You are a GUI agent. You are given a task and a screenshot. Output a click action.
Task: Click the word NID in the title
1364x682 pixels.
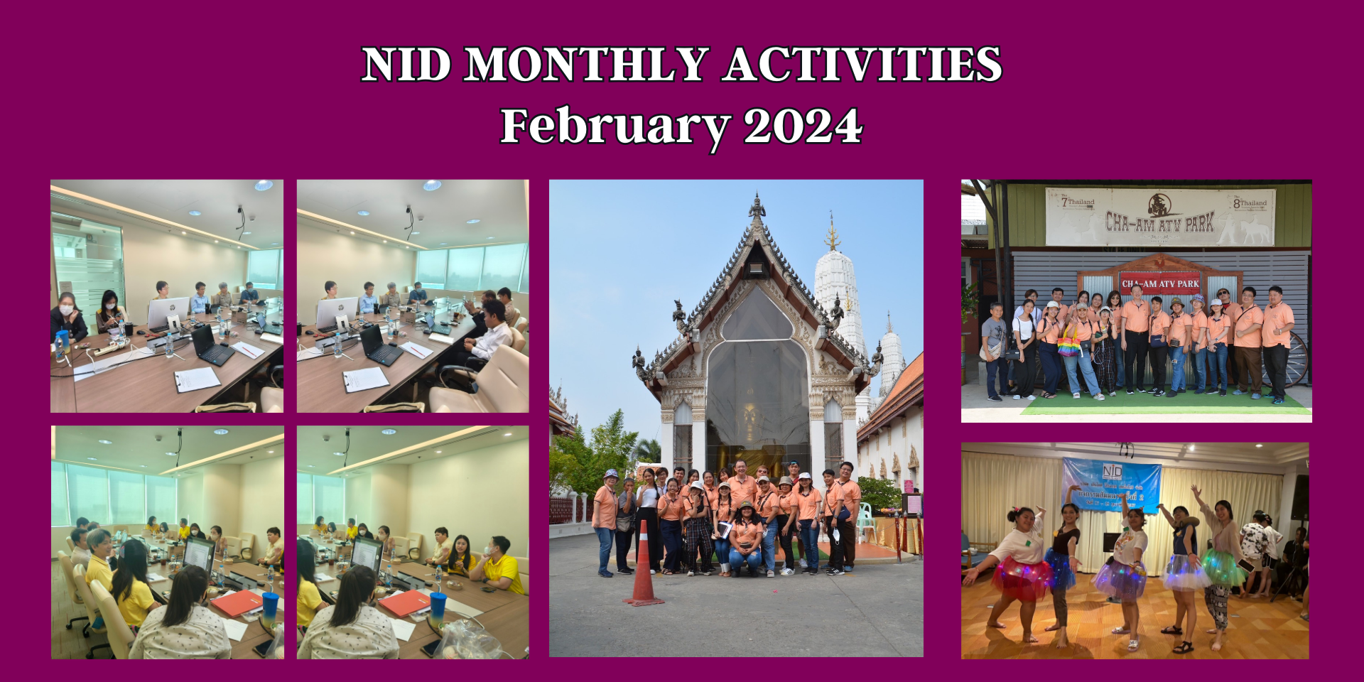click(406, 65)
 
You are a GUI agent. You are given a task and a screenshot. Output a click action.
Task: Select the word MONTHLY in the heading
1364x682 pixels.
click(587, 65)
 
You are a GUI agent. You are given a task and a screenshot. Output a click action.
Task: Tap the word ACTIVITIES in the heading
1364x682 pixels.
click(862, 65)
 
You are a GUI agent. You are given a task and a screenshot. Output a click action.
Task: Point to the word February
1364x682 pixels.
click(615, 126)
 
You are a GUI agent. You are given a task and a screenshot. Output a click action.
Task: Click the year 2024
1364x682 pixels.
click(803, 126)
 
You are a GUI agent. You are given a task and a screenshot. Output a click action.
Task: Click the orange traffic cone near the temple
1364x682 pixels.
click(644, 565)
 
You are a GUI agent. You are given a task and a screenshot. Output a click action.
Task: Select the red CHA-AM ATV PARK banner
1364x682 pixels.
click(1160, 283)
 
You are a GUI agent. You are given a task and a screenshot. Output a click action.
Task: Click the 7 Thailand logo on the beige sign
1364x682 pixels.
click(1078, 202)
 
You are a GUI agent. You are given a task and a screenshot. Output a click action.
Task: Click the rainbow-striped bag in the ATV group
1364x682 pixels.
click(1068, 347)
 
